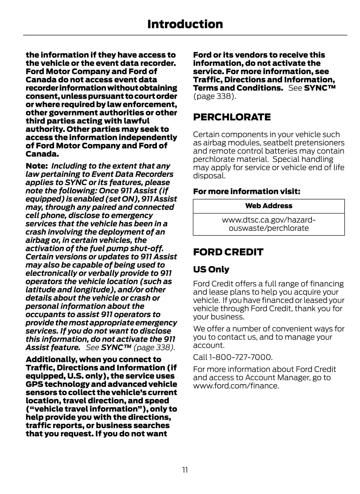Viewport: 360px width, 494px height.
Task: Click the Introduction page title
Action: coord(185,24)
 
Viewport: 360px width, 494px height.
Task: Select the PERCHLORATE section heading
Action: coord(232,117)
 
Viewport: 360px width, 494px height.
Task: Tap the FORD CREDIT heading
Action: coord(228,252)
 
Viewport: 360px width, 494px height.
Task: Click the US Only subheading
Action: coord(211,269)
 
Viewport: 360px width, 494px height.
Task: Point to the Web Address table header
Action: coord(269,206)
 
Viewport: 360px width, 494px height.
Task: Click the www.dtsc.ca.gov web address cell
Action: coord(269,224)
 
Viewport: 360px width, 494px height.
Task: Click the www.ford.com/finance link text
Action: coord(236,386)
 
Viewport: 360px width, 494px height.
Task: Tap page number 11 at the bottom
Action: coord(185,470)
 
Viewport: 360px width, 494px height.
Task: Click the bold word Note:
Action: coord(36,166)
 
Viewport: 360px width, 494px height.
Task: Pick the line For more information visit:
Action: coord(246,191)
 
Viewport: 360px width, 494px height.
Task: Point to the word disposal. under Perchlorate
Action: coord(209,176)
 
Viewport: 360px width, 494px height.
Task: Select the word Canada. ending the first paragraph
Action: coord(42,154)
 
